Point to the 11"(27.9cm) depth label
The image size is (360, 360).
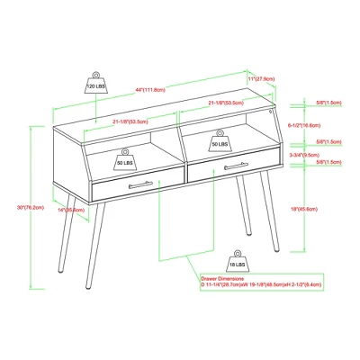(261, 79)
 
